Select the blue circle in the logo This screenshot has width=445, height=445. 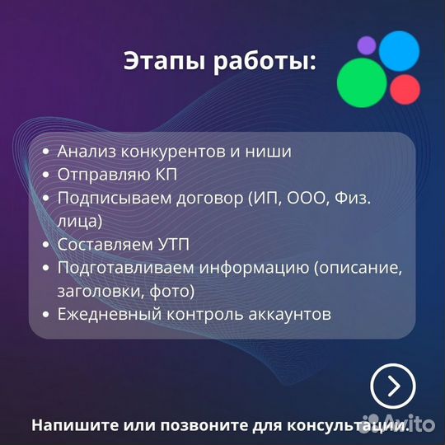[x=400, y=49]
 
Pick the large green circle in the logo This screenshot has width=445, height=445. [x=363, y=82]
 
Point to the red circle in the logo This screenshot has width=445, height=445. [x=405, y=88]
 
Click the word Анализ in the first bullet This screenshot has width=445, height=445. [x=87, y=152]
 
